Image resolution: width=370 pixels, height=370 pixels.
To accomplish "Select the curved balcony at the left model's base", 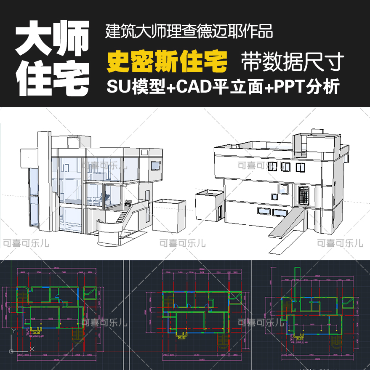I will pos(109,229).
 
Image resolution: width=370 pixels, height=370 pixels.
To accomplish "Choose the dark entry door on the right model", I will pos(304,195).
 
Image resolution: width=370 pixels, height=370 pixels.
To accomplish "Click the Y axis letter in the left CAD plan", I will pos(14,331).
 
